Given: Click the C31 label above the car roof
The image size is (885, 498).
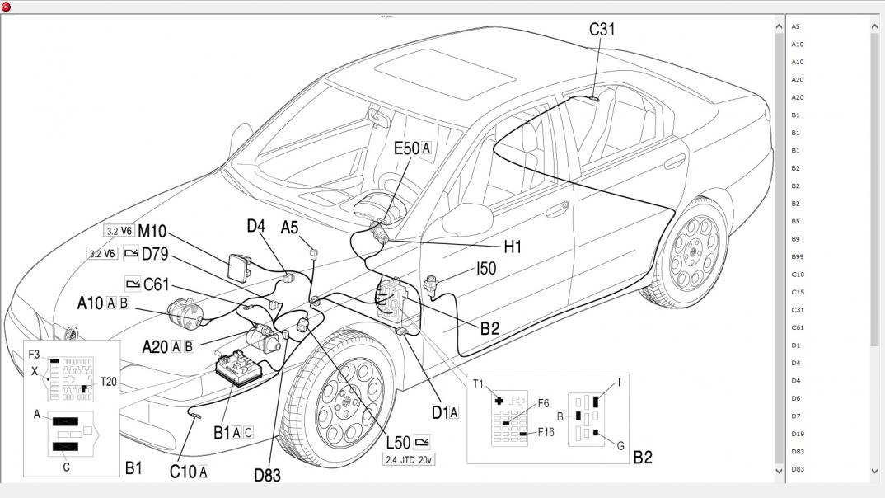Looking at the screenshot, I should [x=602, y=30].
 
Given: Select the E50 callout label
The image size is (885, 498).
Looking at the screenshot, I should [x=407, y=148].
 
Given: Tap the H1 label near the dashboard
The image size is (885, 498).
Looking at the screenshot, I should [x=513, y=246].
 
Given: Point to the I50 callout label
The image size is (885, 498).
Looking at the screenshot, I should [x=486, y=268].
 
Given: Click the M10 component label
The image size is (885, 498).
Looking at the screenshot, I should [x=152, y=231].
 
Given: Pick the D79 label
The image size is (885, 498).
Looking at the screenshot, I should [x=155, y=253].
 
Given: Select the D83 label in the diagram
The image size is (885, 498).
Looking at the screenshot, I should [x=267, y=475].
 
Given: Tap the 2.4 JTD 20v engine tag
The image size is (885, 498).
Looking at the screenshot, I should [x=409, y=459].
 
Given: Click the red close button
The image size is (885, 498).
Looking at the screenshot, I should [x=7, y=7].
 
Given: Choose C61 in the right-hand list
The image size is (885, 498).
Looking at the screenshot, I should [x=798, y=327].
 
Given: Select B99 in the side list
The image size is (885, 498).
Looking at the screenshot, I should [x=798, y=256].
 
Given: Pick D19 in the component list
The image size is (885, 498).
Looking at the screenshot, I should [x=798, y=434].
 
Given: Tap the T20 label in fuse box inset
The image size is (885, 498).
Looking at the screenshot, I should [x=108, y=382].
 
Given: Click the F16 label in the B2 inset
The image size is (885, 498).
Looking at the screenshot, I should [x=546, y=432].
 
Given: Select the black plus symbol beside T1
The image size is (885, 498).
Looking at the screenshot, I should [x=499, y=400].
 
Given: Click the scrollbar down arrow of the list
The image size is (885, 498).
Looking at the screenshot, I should [x=874, y=472].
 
